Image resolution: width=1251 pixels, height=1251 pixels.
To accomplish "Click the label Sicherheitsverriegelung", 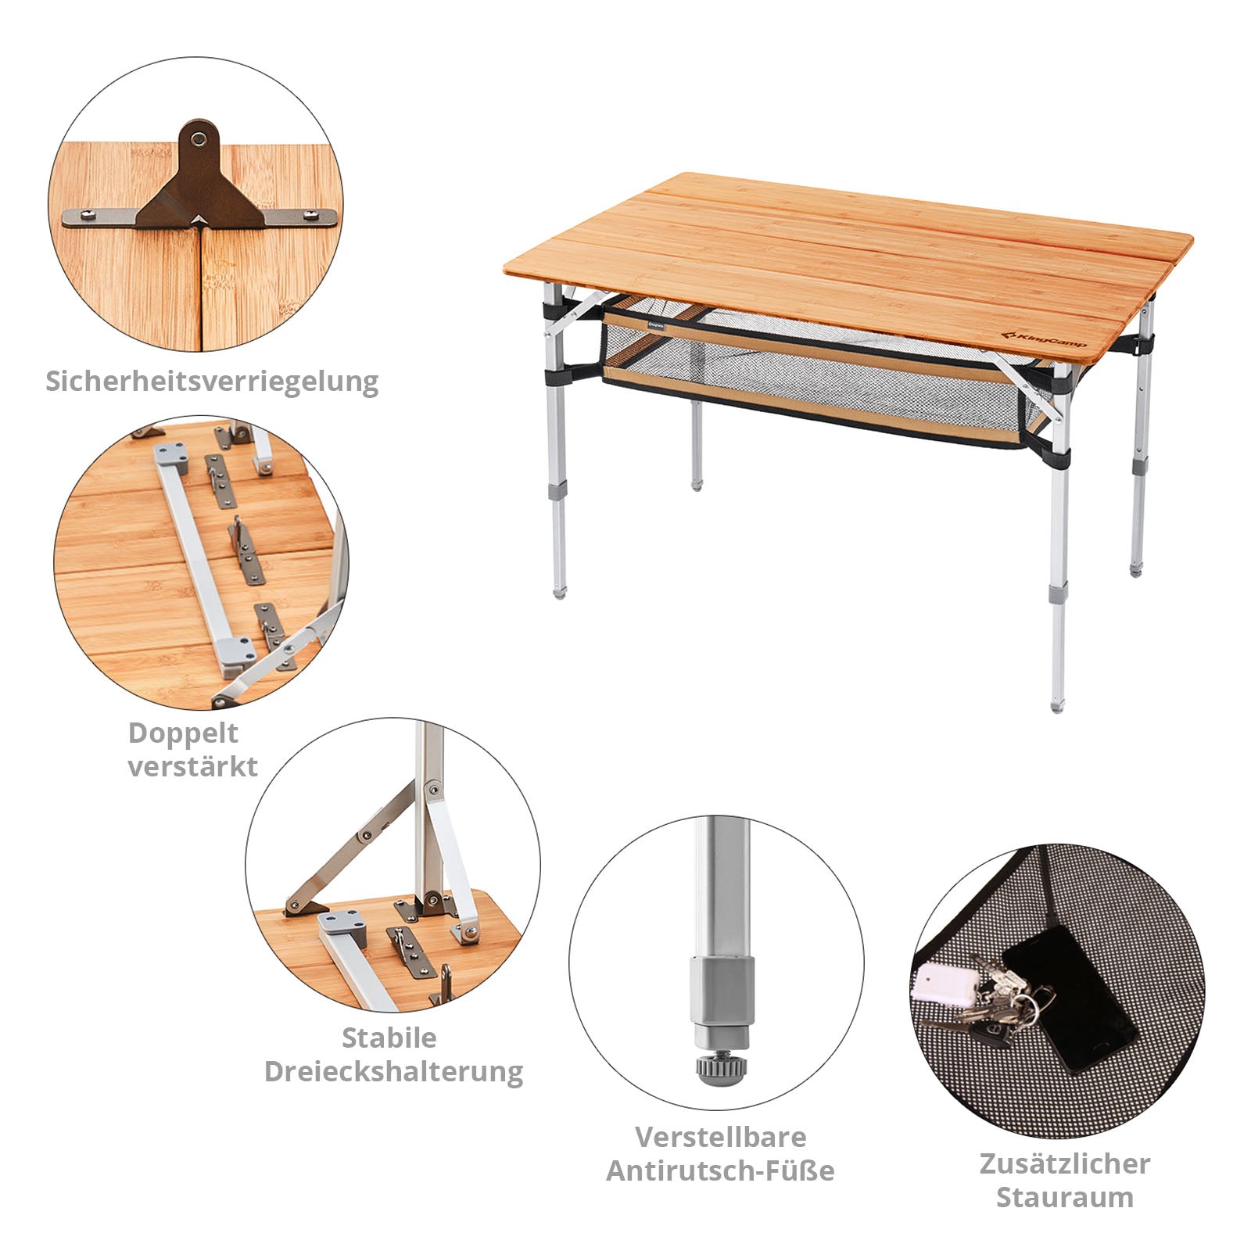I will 212,382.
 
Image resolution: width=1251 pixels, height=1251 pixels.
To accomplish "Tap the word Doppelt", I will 183,733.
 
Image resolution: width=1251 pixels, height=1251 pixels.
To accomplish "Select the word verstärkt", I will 192,766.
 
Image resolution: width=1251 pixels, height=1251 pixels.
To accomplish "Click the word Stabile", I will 389,1038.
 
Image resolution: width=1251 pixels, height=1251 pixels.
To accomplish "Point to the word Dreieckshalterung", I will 393,1071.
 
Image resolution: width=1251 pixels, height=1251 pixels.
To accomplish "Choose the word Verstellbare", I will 720,1136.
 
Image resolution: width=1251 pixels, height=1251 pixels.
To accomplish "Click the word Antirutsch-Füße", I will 720,1170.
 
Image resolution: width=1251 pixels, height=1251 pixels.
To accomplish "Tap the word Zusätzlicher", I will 1064,1163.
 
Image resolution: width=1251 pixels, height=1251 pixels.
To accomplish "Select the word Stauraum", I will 1064,1197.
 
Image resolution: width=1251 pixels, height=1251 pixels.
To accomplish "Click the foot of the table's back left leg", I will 697,485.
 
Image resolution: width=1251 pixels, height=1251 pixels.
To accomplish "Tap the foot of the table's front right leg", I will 1057,704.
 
